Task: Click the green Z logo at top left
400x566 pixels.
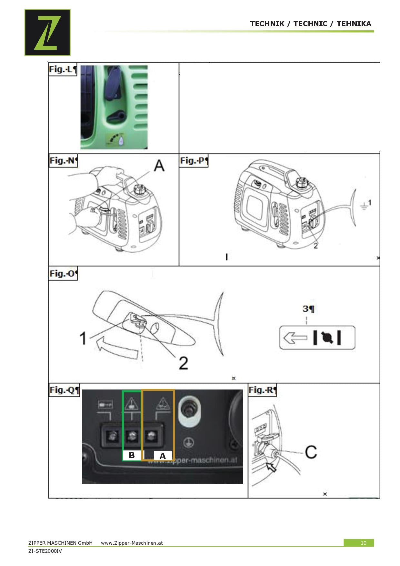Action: pyautogui.click(x=47, y=32)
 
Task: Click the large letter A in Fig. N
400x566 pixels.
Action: pyautogui.click(x=159, y=166)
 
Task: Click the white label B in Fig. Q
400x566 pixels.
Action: pyautogui.click(x=132, y=455)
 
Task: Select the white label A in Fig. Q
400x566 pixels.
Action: pyautogui.click(x=163, y=456)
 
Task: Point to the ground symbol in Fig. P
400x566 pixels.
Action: pyautogui.click(x=364, y=206)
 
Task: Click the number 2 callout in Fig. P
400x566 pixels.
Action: pyautogui.click(x=315, y=246)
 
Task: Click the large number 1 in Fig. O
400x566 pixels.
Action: pyautogui.click(x=83, y=339)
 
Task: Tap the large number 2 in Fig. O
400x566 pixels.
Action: pyautogui.click(x=183, y=363)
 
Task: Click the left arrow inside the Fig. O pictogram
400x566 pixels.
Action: pyautogui.click(x=295, y=338)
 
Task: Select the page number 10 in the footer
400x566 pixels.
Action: pyautogui.click(x=363, y=543)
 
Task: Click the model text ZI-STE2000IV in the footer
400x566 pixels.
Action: pyautogui.click(x=45, y=551)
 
